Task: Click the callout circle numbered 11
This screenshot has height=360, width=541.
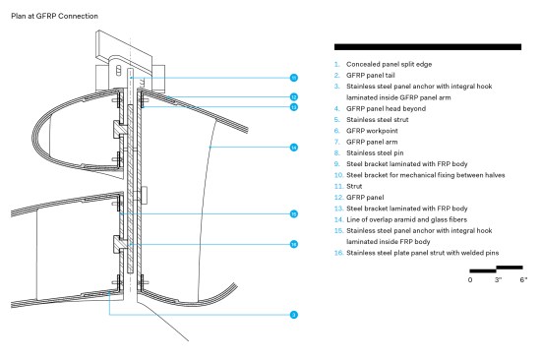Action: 294,78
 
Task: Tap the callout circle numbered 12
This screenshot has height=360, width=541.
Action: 294,97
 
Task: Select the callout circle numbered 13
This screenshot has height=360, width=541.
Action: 294,107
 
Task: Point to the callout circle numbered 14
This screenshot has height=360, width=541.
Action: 294,148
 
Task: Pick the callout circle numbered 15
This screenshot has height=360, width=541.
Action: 294,214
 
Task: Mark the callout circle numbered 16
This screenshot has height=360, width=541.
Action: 294,244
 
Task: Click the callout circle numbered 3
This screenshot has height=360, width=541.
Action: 294,315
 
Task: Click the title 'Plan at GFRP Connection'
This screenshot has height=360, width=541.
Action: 54,16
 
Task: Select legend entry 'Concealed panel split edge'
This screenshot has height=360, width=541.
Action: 390,64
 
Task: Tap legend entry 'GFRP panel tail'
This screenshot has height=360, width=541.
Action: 371,75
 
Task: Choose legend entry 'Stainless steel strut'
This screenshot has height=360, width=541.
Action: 378,120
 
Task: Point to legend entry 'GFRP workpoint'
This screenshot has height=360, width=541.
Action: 372,131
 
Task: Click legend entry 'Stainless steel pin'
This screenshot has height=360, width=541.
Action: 375,152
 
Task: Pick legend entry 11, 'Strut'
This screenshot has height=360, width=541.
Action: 354,186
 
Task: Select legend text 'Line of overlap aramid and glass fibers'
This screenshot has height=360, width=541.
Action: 407,219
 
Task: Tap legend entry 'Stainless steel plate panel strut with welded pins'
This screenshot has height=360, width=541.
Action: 423,253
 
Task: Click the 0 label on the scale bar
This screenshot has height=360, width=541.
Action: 470,280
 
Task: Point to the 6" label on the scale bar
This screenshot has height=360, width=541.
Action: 523,279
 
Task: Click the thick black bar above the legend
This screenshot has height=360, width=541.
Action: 428,47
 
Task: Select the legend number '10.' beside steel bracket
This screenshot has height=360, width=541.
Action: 338,175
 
